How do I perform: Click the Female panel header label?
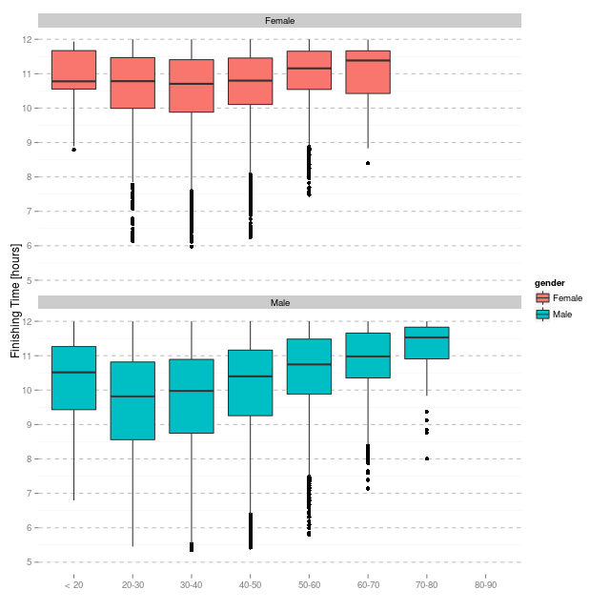pos(279,20)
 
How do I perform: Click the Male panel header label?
pos(279,302)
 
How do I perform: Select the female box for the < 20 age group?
pos(73,70)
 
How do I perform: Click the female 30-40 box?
pos(191,86)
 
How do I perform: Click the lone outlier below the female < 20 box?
pos(73,150)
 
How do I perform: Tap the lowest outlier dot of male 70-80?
pos(426,458)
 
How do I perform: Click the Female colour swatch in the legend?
pos(543,298)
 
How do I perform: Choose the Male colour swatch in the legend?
pos(543,315)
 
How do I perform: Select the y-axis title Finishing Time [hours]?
pos(15,300)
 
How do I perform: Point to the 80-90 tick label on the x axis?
pos(485,582)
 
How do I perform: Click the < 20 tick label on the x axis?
pos(73,582)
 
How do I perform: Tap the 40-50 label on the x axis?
pos(250,582)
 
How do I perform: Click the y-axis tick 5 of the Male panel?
pos(28,562)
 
